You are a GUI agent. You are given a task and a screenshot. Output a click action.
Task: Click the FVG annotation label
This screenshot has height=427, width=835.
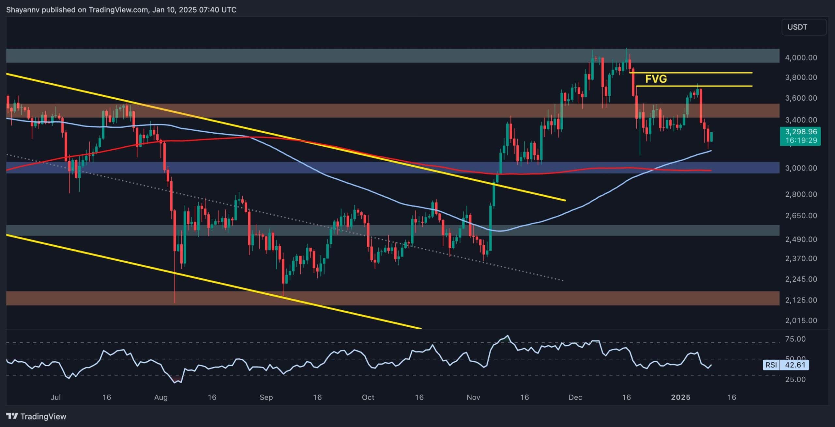[656, 79]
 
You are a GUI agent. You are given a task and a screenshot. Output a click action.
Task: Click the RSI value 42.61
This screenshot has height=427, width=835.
[795, 365]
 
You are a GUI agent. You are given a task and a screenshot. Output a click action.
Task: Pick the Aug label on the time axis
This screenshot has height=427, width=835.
[161, 398]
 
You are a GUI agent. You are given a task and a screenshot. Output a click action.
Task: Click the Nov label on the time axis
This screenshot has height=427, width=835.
[473, 398]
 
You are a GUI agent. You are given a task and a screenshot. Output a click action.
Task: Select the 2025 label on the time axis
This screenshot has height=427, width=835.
[680, 398]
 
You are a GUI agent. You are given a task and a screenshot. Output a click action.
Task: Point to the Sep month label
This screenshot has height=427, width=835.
[266, 398]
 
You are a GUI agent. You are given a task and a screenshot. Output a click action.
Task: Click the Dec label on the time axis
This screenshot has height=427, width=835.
[575, 398]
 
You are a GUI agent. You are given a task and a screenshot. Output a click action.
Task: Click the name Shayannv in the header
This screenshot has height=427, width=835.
[23, 10]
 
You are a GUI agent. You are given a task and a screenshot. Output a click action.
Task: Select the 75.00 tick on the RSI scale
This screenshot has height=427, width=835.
[796, 339]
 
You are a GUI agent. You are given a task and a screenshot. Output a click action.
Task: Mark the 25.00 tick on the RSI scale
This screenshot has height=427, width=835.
[796, 380]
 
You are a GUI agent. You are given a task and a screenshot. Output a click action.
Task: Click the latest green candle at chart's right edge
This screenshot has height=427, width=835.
[711, 137]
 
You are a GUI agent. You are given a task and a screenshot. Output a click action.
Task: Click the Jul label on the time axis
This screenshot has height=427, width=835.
[56, 398]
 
